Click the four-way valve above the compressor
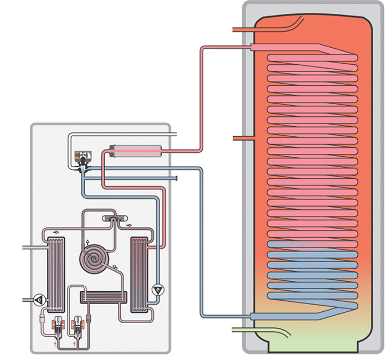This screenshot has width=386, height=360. coord(114,220)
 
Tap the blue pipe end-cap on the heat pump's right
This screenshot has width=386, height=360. coord(175,178)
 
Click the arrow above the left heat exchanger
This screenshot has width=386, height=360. coord(55,233)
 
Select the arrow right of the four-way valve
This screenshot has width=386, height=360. coord(129,226)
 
